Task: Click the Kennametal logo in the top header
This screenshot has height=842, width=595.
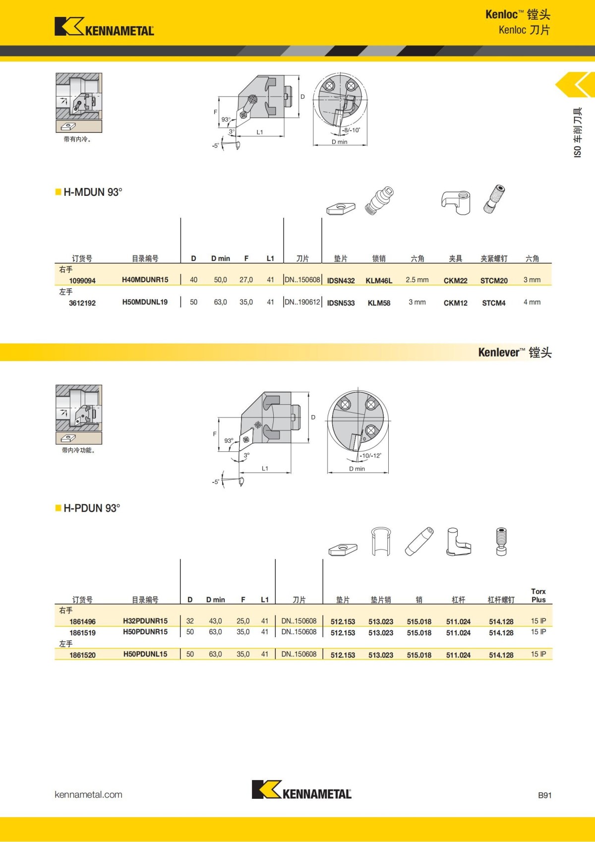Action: click(x=104, y=27)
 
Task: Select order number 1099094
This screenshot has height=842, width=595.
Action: click(x=82, y=281)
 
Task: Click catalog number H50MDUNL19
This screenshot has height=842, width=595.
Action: click(x=145, y=302)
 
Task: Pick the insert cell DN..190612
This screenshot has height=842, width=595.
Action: click(x=302, y=302)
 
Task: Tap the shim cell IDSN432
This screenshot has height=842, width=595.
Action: click(x=341, y=281)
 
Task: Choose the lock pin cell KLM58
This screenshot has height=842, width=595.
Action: click(x=379, y=303)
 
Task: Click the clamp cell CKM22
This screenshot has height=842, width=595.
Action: click(x=455, y=281)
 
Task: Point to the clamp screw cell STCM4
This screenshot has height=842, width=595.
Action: click(x=494, y=303)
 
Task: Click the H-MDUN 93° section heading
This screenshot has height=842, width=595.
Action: click(x=93, y=192)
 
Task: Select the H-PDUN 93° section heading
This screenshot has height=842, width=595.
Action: click(x=92, y=508)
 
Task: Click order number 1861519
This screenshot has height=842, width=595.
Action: click(x=82, y=633)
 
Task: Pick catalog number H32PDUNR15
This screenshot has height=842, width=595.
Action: click(x=145, y=621)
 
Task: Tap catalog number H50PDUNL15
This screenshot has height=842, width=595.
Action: click(x=145, y=655)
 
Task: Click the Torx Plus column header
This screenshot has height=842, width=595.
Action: click(x=538, y=596)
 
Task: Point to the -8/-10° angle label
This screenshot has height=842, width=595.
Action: click(x=352, y=130)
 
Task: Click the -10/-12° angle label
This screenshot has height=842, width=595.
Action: click(x=370, y=456)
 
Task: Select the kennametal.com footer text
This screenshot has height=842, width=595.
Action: click(x=88, y=794)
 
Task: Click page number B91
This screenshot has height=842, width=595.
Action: click(x=544, y=795)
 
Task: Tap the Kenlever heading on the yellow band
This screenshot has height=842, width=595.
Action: click(x=515, y=353)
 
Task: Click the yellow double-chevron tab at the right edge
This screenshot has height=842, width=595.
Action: click(x=576, y=85)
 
